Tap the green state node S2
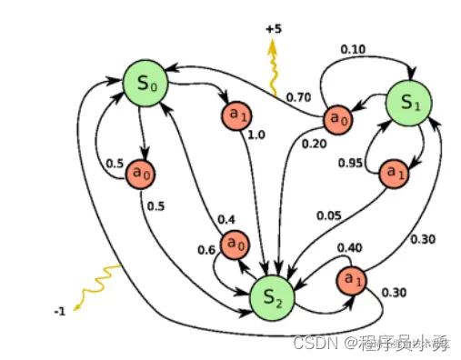tap(272, 296)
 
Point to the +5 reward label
tap(274, 28)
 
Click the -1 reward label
tap(60, 312)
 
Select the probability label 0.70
tap(298, 95)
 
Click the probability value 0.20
tap(313, 143)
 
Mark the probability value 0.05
tap(328, 215)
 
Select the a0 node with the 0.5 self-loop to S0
tap(140, 171)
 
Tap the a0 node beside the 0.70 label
tap(338, 117)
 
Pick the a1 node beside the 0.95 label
tap(393, 171)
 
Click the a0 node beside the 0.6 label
tap(236, 243)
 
